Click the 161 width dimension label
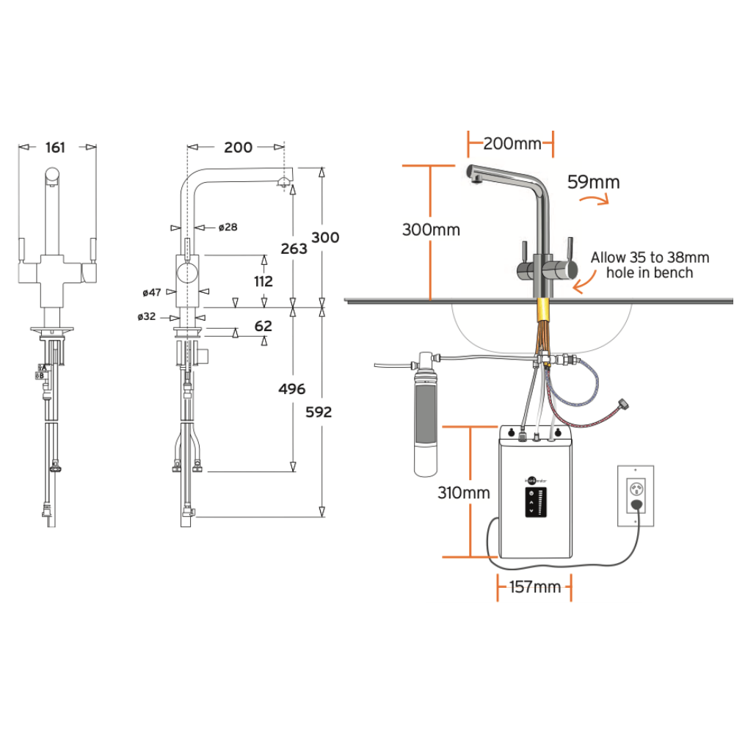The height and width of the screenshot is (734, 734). click(x=56, y=148)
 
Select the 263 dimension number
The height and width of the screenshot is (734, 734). click(x=294, y=249)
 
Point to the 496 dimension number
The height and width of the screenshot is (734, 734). click(x=293, y=389)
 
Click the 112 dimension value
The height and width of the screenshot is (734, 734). click(x=262, y=281)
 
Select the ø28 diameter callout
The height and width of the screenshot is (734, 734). click(x=228, y=228)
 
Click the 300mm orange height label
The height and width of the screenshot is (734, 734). click(x=431, y=230)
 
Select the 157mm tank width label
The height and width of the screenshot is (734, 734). click(x=534, y=586)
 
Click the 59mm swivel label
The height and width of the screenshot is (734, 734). click(x=593, y=181)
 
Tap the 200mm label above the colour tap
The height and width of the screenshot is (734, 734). click(x=509, y=143)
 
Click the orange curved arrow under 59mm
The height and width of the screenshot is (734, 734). click(x=594, y=199)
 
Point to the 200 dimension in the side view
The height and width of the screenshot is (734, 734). click(x=238, y=148)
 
